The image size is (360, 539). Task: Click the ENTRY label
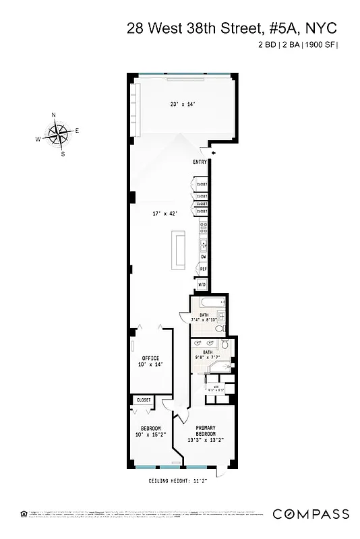click(200, 162)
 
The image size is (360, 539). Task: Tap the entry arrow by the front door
click(214, 154)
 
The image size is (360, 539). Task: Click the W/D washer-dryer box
click(202, 284)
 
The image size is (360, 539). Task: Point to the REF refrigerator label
click(202, 269)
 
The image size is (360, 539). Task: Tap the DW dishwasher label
click(203, 257)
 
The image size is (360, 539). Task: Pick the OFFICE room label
click(150, 358)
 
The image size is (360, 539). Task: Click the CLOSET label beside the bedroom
click(144, 400)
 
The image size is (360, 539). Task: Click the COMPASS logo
click(311, 514)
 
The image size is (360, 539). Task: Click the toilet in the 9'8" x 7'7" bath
click(227, 346)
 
